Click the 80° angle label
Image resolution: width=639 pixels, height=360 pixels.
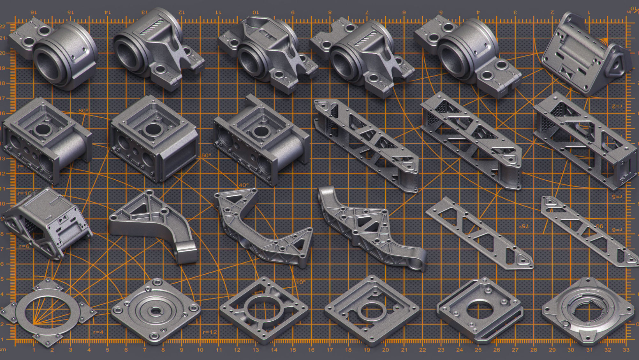83,111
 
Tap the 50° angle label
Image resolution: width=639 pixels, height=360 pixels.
206,155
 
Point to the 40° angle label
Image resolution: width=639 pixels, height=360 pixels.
243,185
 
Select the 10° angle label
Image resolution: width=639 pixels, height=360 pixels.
301,282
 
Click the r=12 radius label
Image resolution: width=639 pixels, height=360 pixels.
210,332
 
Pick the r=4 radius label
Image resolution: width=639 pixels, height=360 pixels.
98,332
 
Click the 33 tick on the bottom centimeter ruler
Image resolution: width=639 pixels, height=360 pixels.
626,350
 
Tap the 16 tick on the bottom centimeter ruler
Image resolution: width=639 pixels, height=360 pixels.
311,350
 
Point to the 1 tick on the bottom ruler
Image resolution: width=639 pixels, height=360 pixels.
34,350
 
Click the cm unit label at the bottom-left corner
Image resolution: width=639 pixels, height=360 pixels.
3,350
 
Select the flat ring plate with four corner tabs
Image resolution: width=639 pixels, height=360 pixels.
48,312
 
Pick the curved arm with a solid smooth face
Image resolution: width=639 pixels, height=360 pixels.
153,224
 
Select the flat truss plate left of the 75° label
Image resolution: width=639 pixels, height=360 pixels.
479,233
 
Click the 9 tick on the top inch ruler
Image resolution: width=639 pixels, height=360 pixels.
293,12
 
